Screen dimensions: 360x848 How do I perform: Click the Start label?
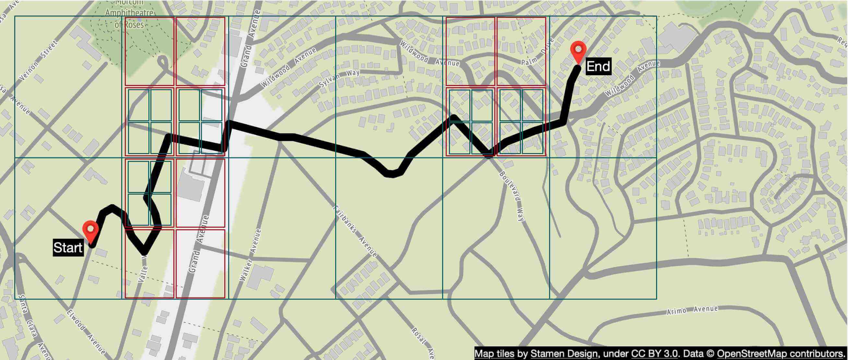(x=67, y=248)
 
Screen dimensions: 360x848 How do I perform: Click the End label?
(x=598, y=66)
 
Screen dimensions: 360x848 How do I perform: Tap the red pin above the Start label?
(x=90, y=231)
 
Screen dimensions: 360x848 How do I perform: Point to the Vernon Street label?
(x=39, y=61)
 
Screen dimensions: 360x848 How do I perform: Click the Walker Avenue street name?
(x=251, y=255)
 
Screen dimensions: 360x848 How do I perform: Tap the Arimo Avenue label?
(x=692, y=310)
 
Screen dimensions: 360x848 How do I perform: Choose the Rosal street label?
(x=419, y=335)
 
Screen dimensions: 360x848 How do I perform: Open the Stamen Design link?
(x=564, y=354)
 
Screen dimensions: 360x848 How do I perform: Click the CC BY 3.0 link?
(x=654, y=354)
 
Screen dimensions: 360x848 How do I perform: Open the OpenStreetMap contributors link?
(x=781, y=354)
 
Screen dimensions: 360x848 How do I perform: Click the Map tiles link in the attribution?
(x=494, y=354)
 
